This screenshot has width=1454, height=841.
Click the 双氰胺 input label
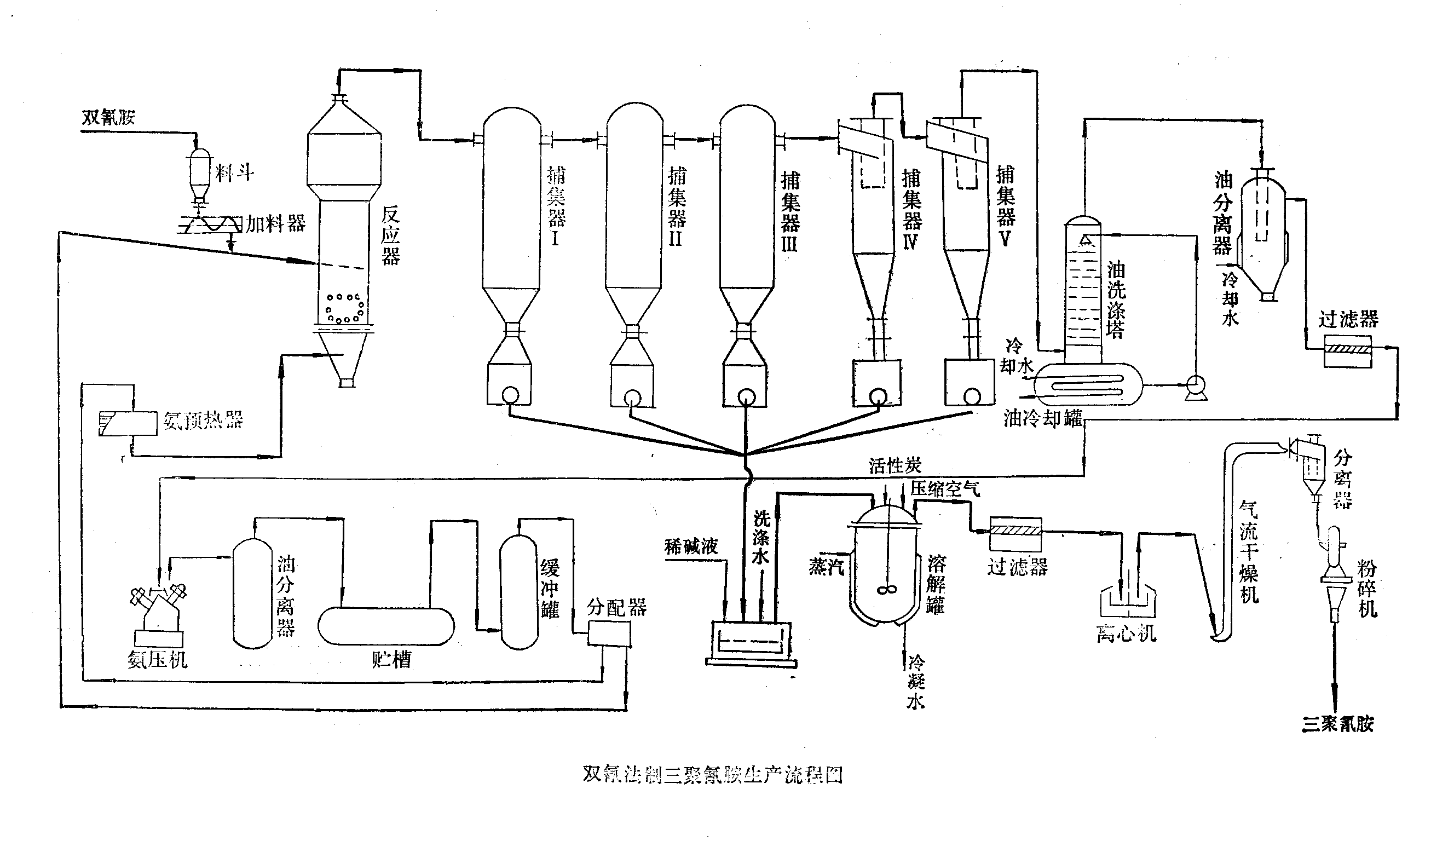tap(108, 117)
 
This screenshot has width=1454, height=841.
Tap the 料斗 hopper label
tap(234, 172)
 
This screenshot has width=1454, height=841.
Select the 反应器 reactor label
tap(391, 235)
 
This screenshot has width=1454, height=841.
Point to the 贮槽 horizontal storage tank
tap(386, 626)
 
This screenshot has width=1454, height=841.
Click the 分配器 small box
tap(609, 635)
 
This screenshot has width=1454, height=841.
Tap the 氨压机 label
tap(158, 659)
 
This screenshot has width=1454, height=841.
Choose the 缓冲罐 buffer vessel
tap(519, 592)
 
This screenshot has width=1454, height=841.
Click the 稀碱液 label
tap(691, 546)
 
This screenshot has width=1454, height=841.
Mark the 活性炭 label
tap(895, 465)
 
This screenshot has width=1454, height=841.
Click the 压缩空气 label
tap(945, 489)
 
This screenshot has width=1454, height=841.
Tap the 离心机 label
tap(1126, 633)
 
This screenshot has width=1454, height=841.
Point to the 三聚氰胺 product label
tap(1337, 724)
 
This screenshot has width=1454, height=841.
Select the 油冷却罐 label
tap(1043, 418)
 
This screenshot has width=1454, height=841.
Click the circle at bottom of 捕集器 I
tap(510, 395)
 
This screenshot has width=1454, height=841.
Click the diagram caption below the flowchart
tap(713, 775)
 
